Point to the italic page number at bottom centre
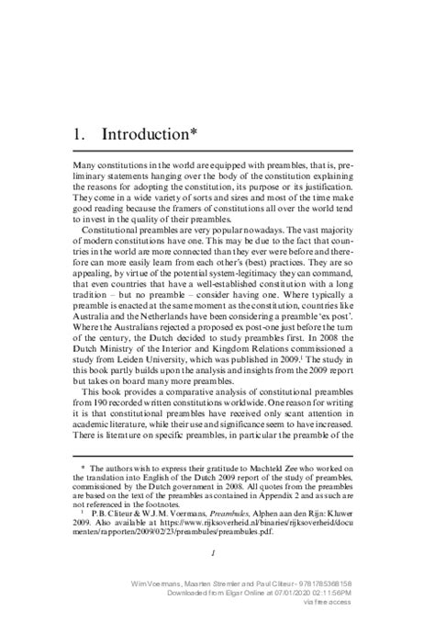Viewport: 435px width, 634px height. [x=212, y=553]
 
